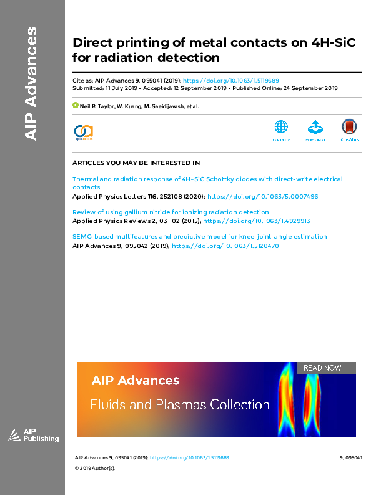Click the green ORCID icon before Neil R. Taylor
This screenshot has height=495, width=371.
point(76,106)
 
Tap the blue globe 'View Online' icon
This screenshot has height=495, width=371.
point(282,127)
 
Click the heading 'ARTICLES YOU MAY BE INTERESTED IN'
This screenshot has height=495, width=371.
point(136,162)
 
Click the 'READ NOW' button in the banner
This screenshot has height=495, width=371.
point(322,368)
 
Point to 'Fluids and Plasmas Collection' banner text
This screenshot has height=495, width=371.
point(180,404)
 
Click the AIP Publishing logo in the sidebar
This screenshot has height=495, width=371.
point(34,436)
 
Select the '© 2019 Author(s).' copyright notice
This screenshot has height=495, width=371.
point(95,468)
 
